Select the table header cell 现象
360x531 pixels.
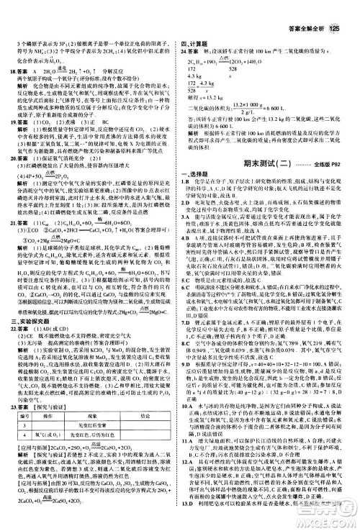click(85, 407)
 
